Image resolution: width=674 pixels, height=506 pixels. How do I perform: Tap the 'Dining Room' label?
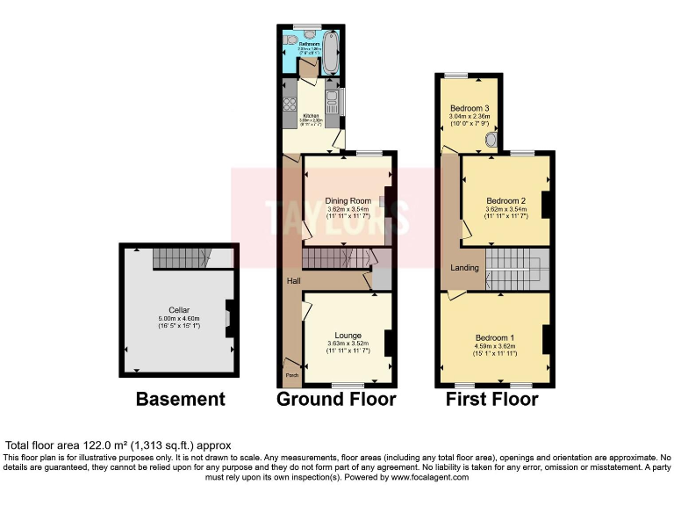pyautogui.click(x=348, y=201)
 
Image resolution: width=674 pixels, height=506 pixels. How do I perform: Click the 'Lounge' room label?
pyautogui.click(x=348, y=335)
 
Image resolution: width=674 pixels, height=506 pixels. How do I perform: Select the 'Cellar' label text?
pyautogui.click(x=179, y=310)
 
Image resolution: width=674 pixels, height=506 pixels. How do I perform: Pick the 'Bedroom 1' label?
pyautogui.click(x=495, y=337)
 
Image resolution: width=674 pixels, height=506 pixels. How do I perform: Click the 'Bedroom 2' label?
pyautogui.click(x=505, y=200)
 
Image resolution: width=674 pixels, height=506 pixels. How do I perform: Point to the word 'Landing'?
pyautogui.click(x=464, y=267)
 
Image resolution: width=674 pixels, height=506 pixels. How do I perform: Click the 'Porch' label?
pyautogui.click(x=290, y=376)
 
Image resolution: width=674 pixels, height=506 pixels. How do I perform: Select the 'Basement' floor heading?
pyautogui.click(x=180, y=400)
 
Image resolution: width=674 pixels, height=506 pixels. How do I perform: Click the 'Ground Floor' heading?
pyautogui.click(x=336, y=400)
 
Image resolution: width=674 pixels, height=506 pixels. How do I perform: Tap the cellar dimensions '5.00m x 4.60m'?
pyautogui.click(x=179, y=318)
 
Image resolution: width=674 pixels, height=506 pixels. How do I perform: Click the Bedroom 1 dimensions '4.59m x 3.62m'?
pyautogui.click(x=495, y=346)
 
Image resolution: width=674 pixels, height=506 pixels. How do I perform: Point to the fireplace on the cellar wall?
pyautogui.click(x=230, y=318)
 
